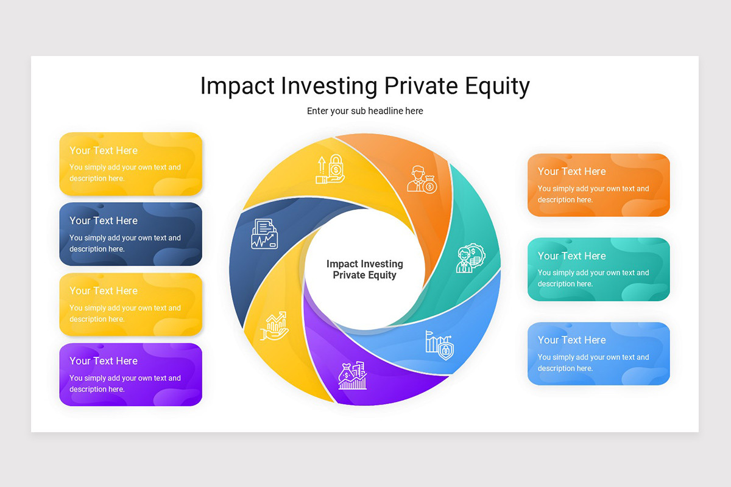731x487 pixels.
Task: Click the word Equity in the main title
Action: pos(497,86)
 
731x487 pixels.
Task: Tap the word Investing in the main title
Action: pos(329,86)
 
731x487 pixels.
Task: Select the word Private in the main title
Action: pos(422,86)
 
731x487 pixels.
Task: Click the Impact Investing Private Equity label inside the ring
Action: pos(364,269)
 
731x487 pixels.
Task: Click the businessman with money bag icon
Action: pos(422,180)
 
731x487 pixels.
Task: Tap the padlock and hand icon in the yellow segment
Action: pos(330,169)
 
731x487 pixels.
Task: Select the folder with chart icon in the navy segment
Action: pos(264,234)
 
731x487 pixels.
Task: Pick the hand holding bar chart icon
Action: pos(275,326)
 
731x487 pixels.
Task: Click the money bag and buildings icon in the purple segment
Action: pos(353,376)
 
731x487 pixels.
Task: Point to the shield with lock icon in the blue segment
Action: pos(440,345)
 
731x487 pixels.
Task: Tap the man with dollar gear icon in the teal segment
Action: pos(470,258)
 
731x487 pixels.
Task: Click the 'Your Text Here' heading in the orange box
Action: pos(571,171)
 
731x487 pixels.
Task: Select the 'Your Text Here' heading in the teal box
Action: pos(571,256)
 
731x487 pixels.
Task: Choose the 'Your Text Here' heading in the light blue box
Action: pos(571,340)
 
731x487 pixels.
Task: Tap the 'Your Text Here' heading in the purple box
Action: pos(104,361)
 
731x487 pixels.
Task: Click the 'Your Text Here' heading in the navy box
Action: pos(104,220)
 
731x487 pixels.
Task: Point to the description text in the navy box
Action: pos(125,243)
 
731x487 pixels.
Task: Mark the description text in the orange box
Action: pos(593,194)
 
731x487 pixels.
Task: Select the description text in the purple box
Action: pos(125,384)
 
